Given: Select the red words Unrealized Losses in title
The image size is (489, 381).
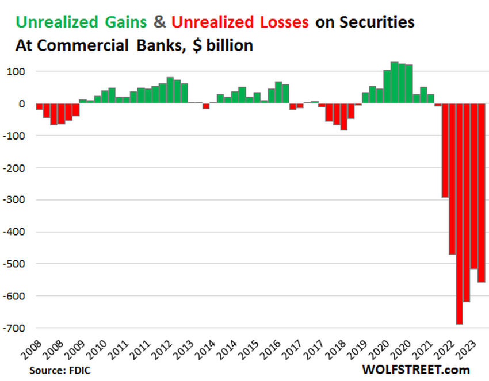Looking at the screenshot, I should coord(240,22).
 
